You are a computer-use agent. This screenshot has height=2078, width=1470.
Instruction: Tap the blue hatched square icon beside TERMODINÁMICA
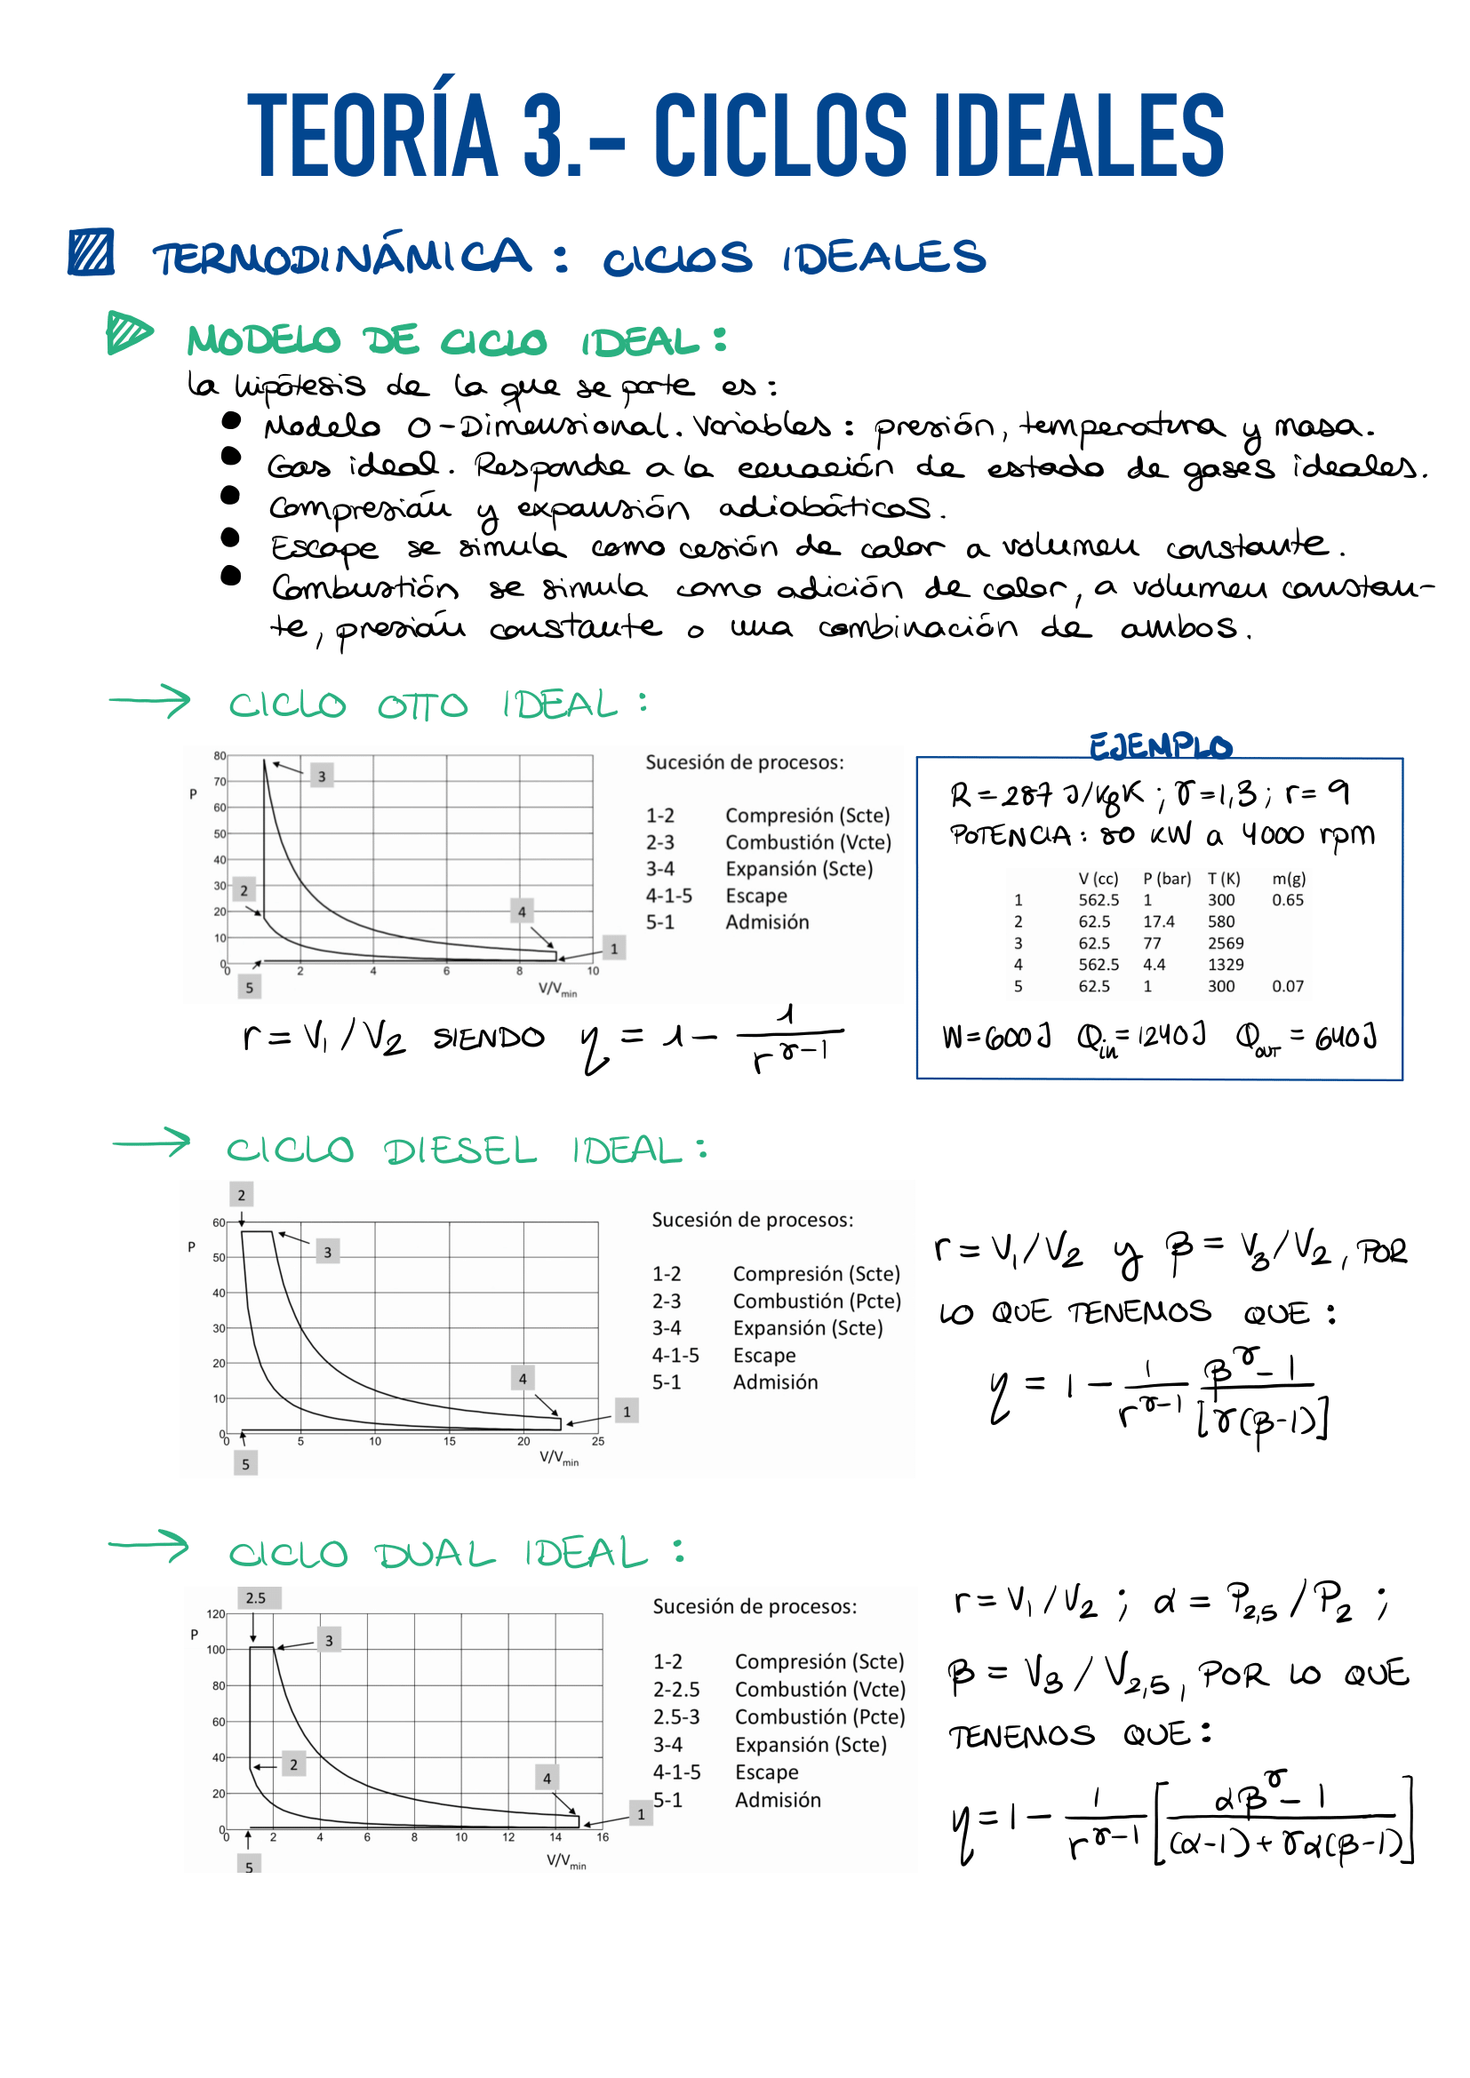(91, 251)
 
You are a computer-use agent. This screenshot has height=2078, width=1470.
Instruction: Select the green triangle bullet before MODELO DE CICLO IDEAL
(128, 332)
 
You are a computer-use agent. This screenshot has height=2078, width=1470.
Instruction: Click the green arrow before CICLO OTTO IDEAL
(149, 700)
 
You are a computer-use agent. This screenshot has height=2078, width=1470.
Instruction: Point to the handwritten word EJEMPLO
(1160, 745)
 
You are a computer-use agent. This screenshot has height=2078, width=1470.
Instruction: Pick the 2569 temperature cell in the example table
(1226, 943)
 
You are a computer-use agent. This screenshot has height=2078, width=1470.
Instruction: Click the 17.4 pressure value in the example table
(1159, 921)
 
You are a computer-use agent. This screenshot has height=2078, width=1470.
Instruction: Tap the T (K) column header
(1224, 878)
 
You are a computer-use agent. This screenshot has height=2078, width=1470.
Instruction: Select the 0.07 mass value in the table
(1287, 985)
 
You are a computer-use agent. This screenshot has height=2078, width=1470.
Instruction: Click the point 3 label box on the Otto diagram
(322, 776)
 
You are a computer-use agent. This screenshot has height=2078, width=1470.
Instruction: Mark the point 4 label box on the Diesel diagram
(523, 1379)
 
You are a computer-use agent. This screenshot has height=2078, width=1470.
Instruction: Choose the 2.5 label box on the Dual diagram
(256, 1597)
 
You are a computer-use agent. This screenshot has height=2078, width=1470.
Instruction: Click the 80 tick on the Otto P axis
(219, 756)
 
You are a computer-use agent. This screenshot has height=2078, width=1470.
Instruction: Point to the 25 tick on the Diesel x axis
(597, 1441)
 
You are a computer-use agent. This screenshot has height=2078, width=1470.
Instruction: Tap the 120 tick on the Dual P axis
(215, 1613)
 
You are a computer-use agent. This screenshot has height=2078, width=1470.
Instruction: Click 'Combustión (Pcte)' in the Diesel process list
(817, 1301)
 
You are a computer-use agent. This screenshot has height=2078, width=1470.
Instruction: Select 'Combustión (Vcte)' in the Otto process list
(808, 841)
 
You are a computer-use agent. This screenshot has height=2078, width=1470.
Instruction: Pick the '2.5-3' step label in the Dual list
(676, 1717)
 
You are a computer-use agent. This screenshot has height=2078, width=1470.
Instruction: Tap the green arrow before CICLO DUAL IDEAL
(148, 1546)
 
